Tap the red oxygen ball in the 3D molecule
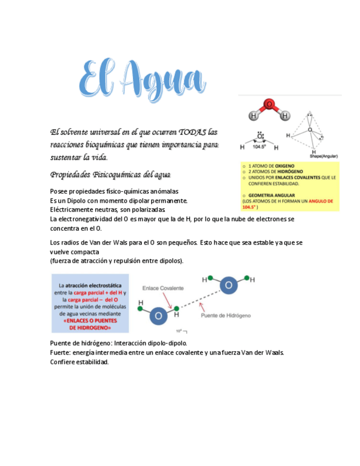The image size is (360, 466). pyautogui.click(x=269, y=104)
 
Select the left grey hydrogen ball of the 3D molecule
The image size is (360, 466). pyautogui.click(x=254, y=116)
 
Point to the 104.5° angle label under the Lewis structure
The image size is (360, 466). pyautogui.click(x=259, y=147)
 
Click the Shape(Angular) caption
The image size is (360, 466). pyautogui.click(x=324, y=156)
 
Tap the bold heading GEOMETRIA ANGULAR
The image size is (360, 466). pyautogui.click(x=272, y=195)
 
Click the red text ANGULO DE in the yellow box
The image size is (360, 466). pyautogui.click(x=322, y=201)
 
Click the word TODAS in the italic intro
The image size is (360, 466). pyautogui.click(x=193, y=132)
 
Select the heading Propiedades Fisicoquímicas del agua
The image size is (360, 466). pyautogui.click(x=110, y=175)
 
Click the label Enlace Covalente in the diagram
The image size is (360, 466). pyautogui.click(x=163, y=288)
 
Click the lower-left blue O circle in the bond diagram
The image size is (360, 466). pyautogui.click(x=158, y=315)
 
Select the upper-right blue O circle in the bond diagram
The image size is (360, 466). pyautogui.click(x=229, y=285)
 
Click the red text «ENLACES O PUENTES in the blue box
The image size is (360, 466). pyautogui.click(x=90, y=321)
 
